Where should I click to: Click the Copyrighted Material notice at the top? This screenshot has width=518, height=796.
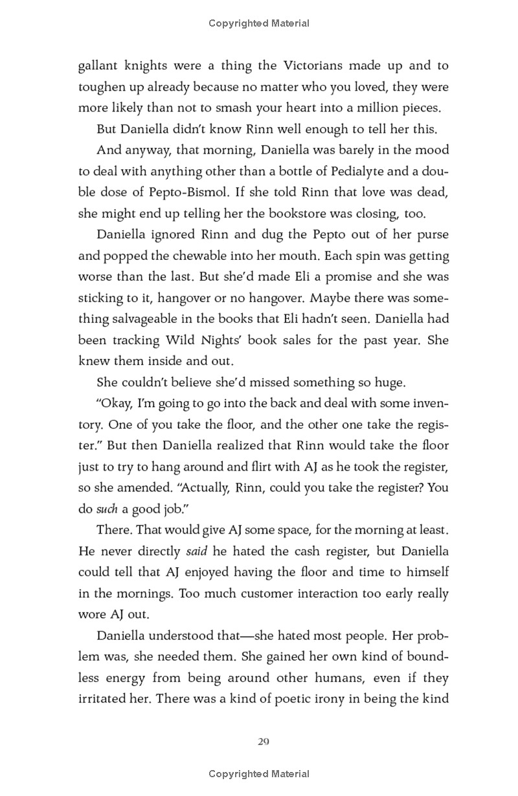tap(259, 24)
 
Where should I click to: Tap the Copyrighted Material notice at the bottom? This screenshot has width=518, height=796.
tap(259, 774)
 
